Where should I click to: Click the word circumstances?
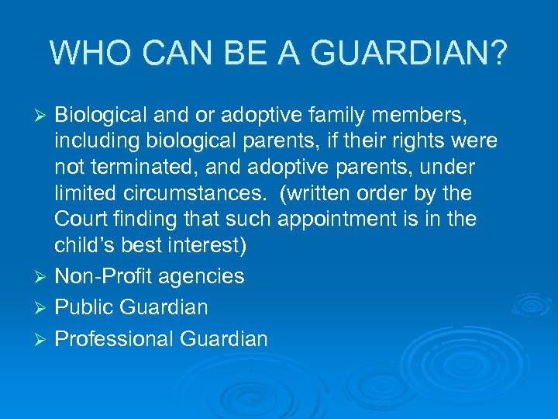[x=195, y=193]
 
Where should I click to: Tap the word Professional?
[x=114, y=338]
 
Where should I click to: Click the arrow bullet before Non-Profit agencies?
[x=43, y=277]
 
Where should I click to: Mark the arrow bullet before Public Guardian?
[x=43, y=308]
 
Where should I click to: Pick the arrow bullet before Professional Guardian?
[x=43, y=339]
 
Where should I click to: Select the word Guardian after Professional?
[x=224, y=338]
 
